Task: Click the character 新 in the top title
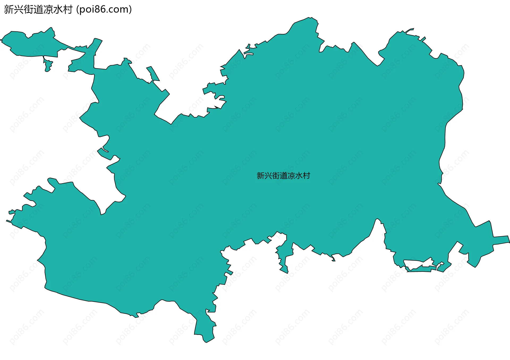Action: tap(9, 10)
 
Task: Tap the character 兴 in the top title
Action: tap(19, 10)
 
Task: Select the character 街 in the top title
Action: tap(29, 10)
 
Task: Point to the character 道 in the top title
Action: tap(39, 10)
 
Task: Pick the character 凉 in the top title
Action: tap(48, 10)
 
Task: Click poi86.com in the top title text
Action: tap(104, 10)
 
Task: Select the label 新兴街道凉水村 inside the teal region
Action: tap(283, 176)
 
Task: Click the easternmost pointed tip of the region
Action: tap(509, 242)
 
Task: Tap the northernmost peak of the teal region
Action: tap(309, 18)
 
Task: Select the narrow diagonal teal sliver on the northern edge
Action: tap(153, 73)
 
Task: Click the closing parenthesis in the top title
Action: tap(130, 10)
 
